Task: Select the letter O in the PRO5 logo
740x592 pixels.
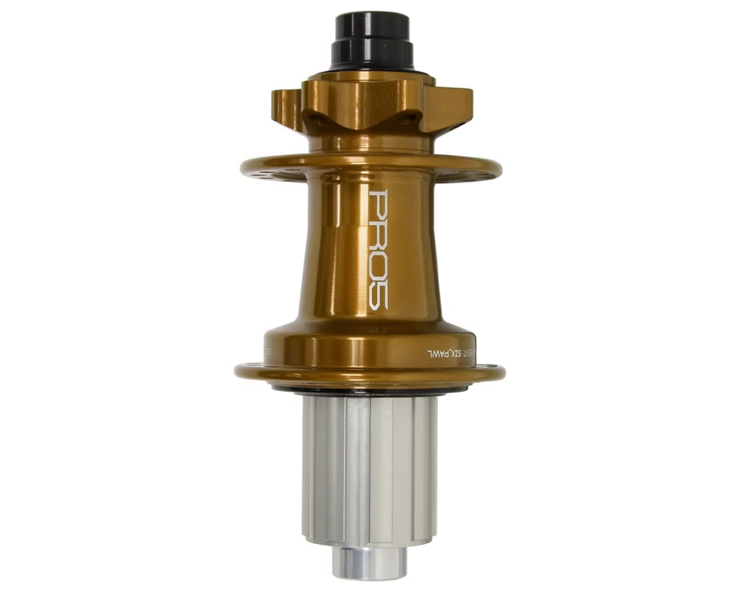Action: (379, 263)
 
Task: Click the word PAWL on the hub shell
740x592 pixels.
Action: (439, 353)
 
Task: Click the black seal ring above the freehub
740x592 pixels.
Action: (370, 392)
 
